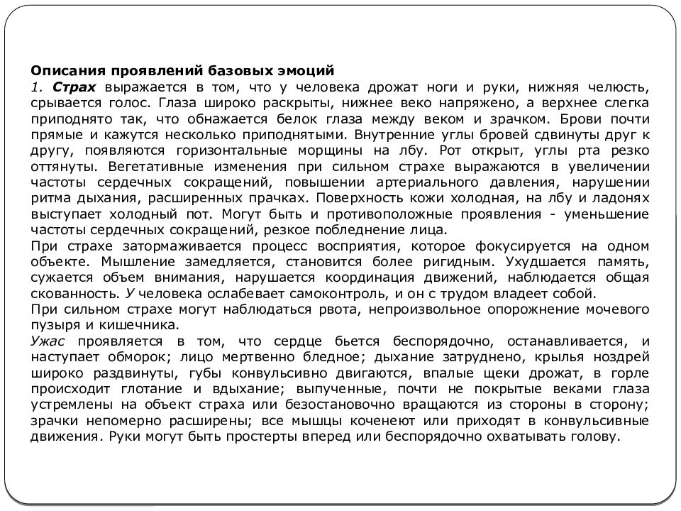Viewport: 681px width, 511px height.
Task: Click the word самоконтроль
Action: (255, 293)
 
